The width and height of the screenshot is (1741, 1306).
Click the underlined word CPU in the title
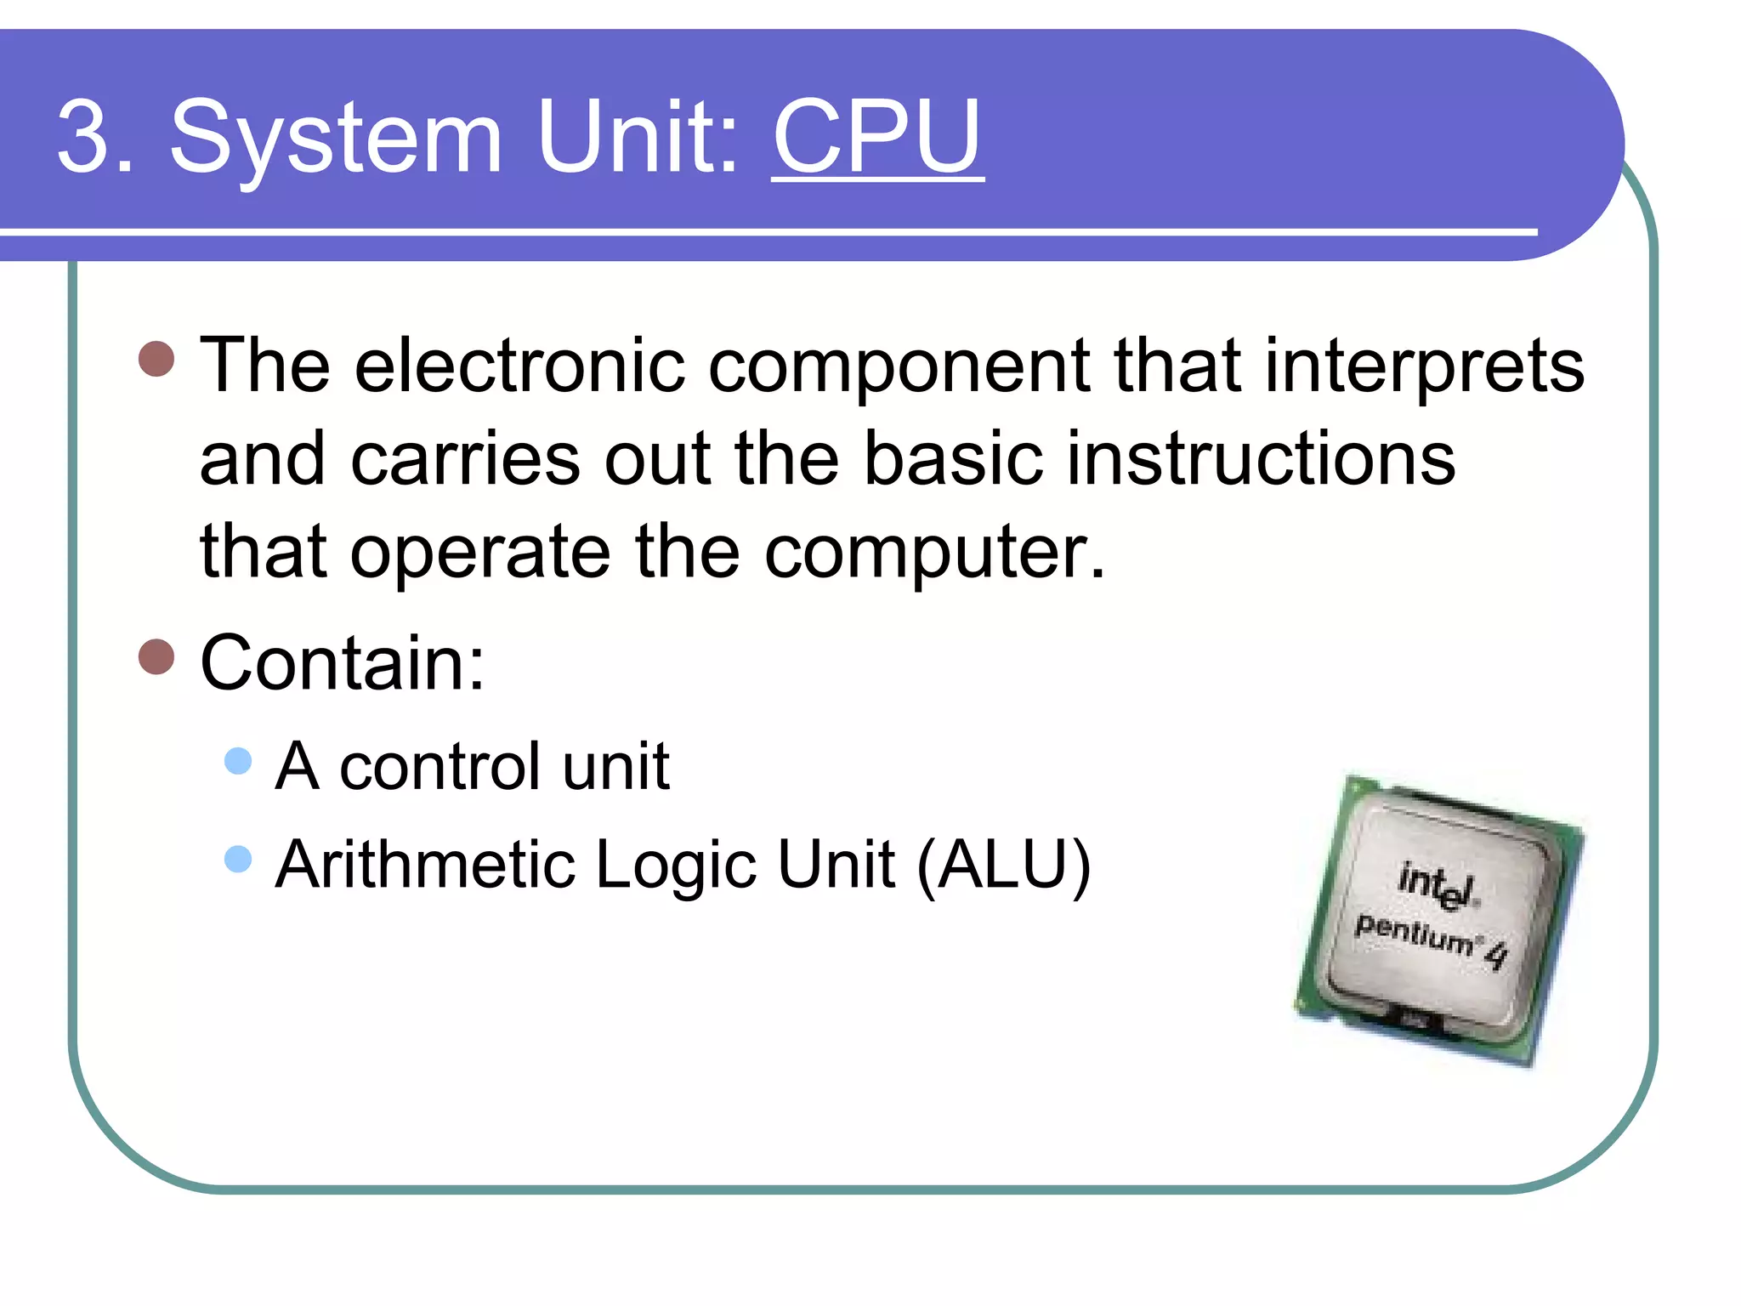(876, 136)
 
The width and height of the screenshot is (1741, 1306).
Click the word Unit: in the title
(638, 136)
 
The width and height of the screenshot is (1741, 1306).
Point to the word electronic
(519, 366)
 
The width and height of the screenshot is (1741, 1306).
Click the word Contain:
(342, 663)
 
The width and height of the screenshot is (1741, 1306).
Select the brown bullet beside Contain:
(156, 656)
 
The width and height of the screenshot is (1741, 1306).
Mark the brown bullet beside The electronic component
(156, 359)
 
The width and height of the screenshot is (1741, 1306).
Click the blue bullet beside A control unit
(238, 761)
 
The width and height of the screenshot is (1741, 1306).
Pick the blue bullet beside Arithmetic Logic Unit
(238, 859)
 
